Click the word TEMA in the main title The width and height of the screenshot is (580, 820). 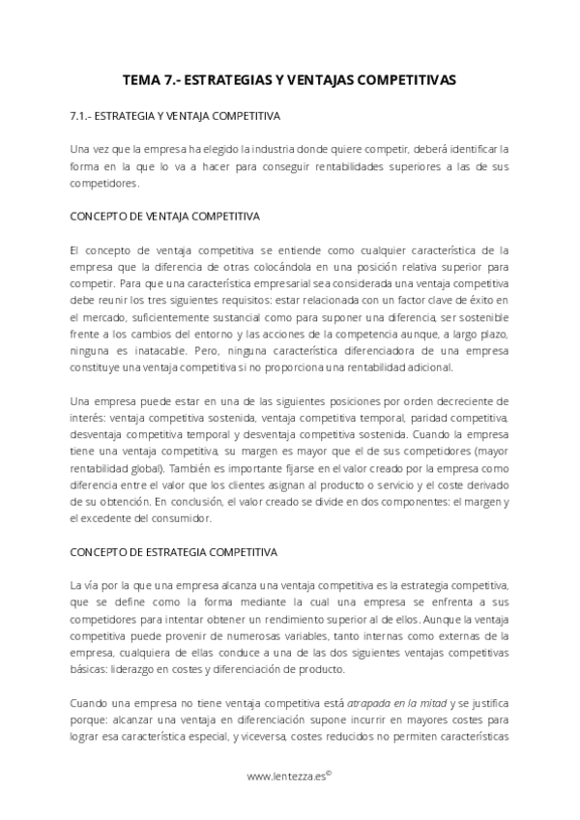(145, 82)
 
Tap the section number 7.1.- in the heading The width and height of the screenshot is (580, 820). (82, 116)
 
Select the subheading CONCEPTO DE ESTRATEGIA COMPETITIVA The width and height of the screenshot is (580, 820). (174, 552)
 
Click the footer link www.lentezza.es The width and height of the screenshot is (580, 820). (286, 776)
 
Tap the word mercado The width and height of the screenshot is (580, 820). (104, 316)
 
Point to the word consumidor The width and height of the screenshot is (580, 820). (184, 518)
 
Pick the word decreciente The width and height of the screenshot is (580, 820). (457, 400)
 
